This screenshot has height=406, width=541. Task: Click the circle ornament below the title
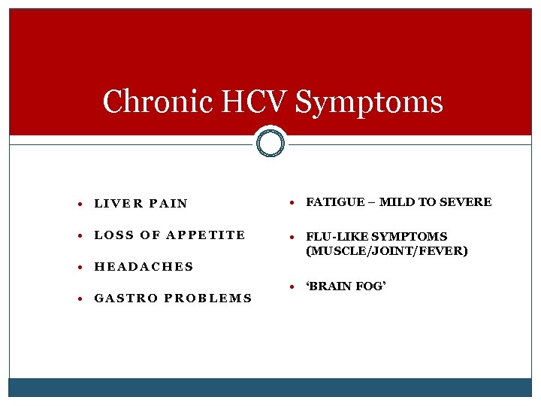[270, 142]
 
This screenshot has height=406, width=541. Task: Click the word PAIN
[168, 203]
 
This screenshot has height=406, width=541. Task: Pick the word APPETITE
[206, 235]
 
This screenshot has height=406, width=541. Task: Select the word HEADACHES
[144, 266]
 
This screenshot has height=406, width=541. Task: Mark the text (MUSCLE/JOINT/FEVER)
[387, 251]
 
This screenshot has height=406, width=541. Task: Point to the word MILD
[396, 202]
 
